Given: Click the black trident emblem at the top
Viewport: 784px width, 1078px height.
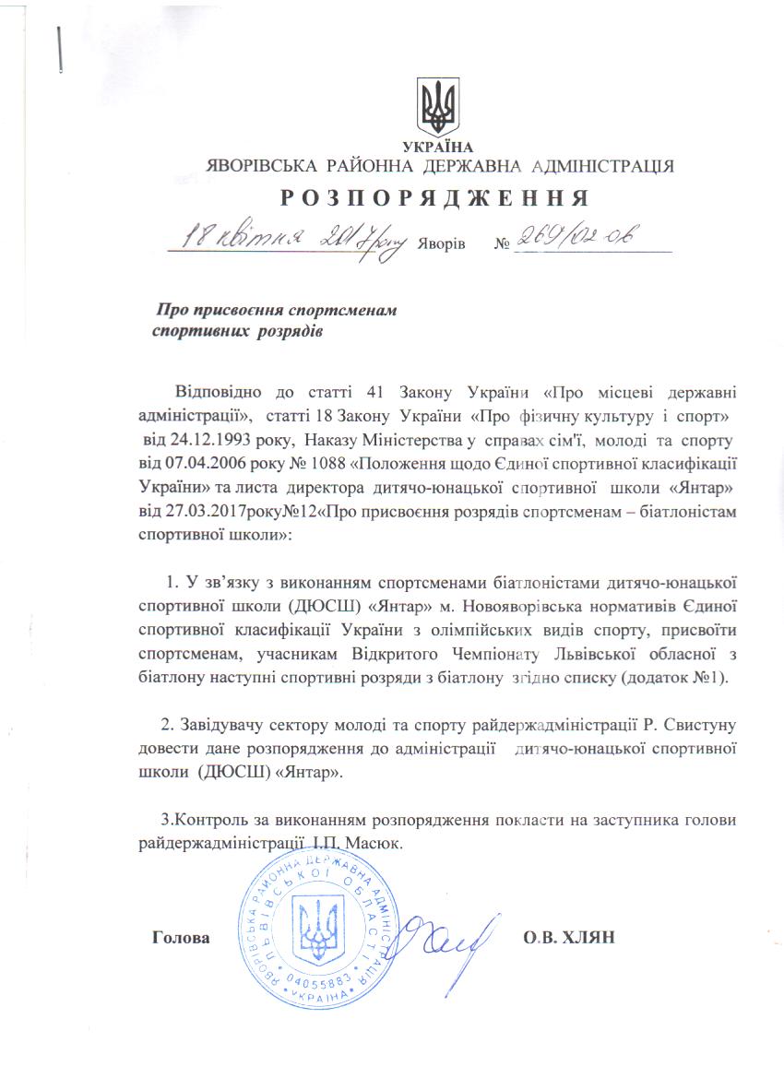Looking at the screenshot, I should point(438,109).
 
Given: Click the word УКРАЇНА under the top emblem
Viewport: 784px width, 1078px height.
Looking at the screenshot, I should point(438,148).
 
